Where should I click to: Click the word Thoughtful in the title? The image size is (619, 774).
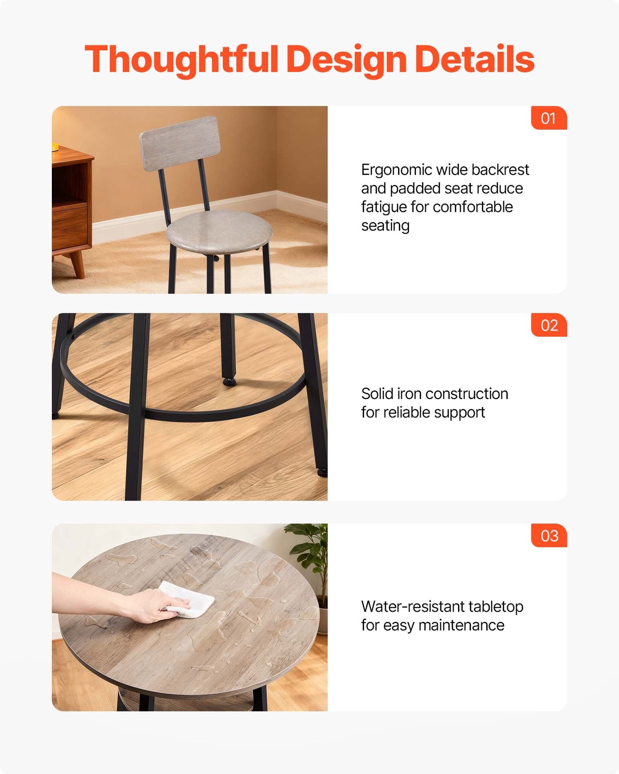coord(182,60)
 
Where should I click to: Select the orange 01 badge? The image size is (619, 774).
coord(549,118)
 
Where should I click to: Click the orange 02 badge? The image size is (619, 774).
coord(549,325)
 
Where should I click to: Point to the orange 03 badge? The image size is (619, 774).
coord(549,536)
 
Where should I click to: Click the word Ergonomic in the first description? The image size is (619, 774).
coord(396,170)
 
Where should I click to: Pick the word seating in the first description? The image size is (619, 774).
coord(385,226)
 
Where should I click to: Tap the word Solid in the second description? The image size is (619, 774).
coord(377,393)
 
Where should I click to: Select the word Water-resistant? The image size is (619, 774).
coord(413,606)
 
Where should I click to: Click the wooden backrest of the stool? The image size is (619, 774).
coord(180,143)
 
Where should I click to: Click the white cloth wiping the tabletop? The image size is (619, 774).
coord(189,599)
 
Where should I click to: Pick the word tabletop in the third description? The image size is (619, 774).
coord(496,607)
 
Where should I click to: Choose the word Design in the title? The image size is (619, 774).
coord(347,60)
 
